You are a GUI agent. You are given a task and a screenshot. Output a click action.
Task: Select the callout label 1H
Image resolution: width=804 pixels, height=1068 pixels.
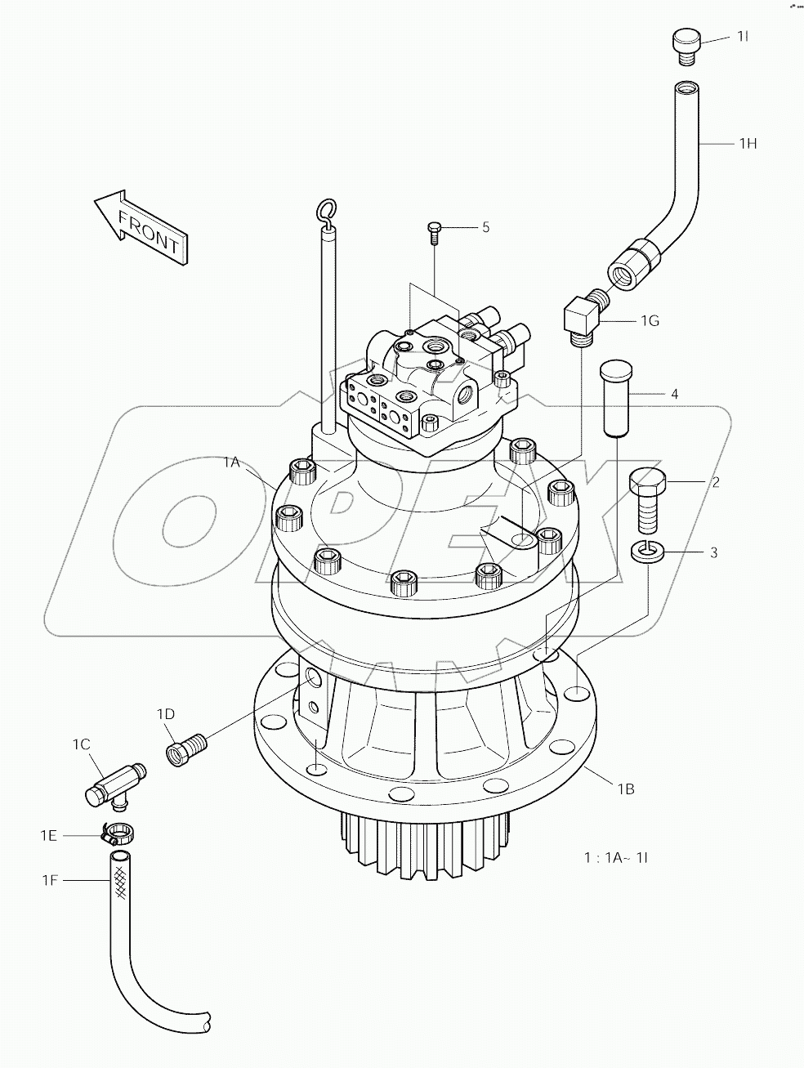748,144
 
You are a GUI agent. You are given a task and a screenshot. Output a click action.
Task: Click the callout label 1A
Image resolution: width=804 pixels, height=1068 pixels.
231,463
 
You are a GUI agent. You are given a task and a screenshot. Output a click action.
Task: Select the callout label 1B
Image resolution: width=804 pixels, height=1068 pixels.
625,789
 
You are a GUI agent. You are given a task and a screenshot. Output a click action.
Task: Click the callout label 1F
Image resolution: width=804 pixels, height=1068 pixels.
51,879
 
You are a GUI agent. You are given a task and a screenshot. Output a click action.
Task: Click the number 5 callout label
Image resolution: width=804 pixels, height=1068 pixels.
485,227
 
